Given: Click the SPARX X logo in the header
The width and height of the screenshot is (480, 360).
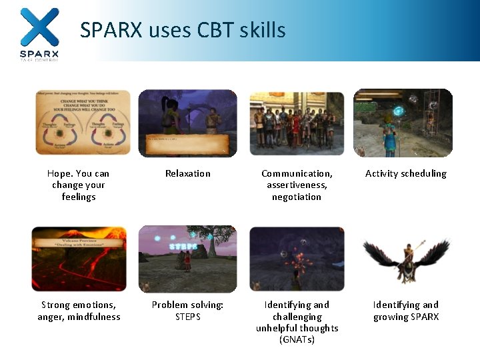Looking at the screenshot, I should point(39,27).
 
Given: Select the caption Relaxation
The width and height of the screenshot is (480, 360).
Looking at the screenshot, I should point(188,173).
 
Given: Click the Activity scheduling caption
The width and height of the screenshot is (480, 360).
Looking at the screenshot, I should point(406,173).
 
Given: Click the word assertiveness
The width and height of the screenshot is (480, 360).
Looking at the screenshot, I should point(297,185).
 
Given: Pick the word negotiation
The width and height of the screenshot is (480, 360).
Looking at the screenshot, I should point(297,197).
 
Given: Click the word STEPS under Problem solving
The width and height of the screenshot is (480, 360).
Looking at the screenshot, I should point(188,317).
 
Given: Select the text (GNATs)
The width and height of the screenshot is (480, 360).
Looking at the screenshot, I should point(297,340).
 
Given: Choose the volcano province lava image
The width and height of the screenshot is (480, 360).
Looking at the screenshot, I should point(79,259).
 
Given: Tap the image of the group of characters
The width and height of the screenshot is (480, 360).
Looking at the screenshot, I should point(297,123).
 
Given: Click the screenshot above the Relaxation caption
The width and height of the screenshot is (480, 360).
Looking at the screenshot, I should point(188,123).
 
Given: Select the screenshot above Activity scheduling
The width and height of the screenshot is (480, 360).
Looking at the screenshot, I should point(403,123).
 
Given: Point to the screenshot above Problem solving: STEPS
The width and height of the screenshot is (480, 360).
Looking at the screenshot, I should point(188,259).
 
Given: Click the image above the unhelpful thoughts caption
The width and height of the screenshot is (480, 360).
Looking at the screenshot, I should point(297,259).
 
